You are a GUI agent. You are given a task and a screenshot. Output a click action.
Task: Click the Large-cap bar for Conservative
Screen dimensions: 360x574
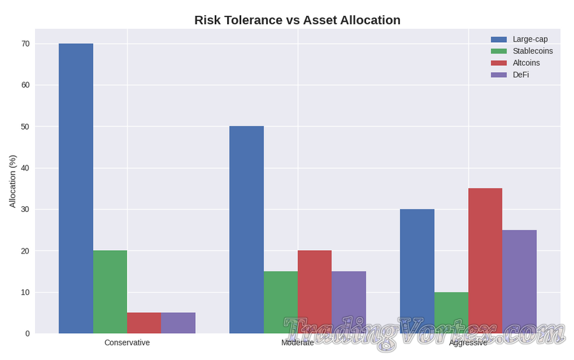76,188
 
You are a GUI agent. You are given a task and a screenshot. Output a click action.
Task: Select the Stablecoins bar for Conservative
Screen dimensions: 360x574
110,292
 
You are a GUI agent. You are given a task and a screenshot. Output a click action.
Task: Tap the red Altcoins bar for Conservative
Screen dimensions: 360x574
144,323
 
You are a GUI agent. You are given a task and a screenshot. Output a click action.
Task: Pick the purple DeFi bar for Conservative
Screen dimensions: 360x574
178,323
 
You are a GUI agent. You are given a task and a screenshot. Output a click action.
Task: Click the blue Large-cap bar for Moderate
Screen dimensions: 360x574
246,230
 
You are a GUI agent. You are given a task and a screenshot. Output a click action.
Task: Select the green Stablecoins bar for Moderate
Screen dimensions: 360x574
281,302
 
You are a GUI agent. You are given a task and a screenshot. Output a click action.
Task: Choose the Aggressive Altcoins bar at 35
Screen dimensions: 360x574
485,260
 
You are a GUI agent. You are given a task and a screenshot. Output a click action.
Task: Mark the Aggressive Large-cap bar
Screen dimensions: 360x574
417,271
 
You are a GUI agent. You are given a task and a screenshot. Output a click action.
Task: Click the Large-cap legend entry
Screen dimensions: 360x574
529,39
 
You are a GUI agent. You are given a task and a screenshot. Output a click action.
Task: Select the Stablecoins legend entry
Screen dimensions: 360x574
532,51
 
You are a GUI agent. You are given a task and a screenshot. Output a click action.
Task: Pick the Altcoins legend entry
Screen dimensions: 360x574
526,63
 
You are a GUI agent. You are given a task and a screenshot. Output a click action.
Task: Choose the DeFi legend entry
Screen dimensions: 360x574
520,75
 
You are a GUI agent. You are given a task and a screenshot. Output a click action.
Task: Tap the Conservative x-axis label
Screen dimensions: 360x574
127,343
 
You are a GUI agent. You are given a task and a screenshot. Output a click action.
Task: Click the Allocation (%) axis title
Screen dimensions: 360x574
12,181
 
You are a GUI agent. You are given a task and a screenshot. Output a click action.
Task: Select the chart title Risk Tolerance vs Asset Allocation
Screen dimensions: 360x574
297,20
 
